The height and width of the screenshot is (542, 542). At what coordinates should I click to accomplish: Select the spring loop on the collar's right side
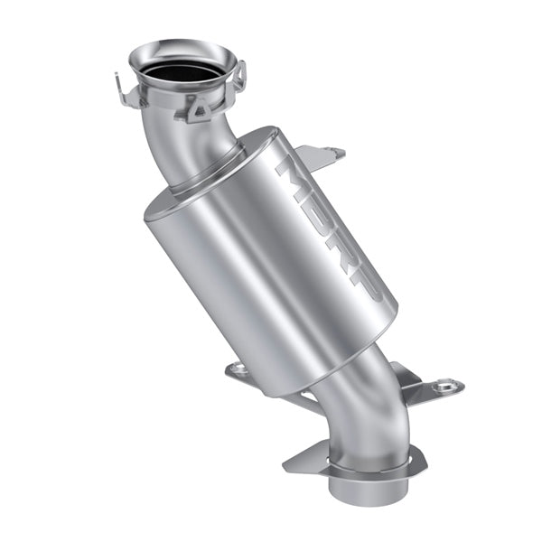click(239, 75)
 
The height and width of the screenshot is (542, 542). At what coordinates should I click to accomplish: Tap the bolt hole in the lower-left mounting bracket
click(238, 368)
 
